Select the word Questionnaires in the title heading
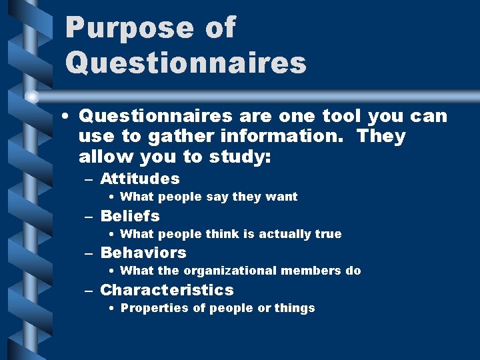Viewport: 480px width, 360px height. click(x=186, y=63)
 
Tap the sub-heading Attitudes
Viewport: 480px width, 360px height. click(x=140, y=179)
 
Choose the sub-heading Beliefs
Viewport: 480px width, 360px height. click(x=130, y=216)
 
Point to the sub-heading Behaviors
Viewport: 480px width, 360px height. click(x=143, y=253)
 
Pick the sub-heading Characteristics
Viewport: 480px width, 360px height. click(x=167, y=290)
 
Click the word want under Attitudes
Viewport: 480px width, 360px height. click(x=283, y=197)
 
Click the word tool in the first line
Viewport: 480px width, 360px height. click(x=343, y=116)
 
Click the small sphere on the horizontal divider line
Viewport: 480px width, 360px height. click(x=32, y=97)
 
